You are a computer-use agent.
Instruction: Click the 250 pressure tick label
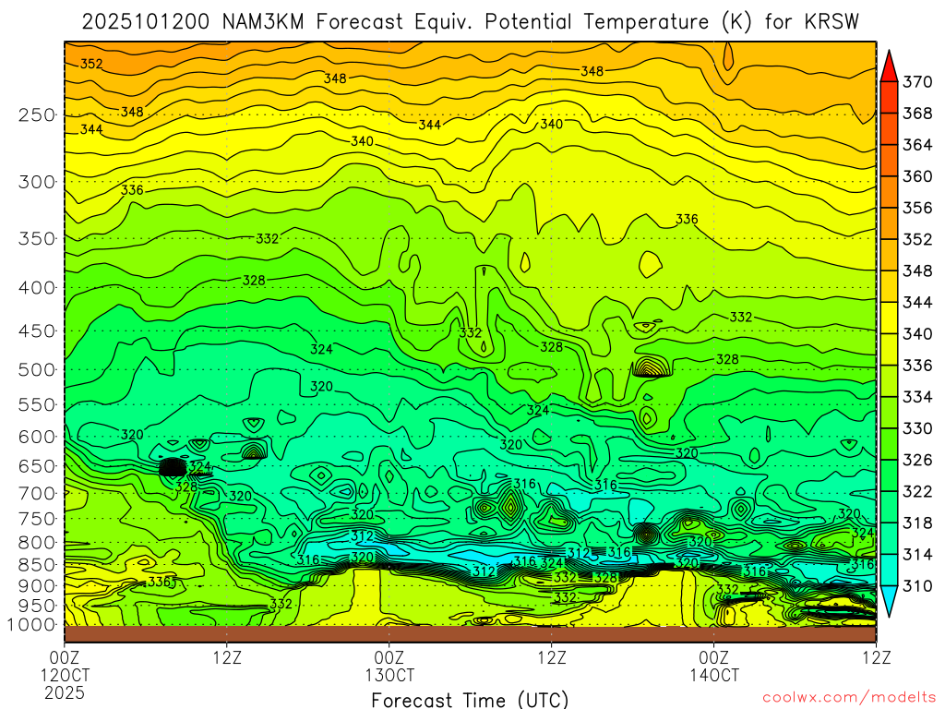pyautogui.click(x=37, y=114)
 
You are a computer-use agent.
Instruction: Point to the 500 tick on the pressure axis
pyautogui.click(x=37, y=369)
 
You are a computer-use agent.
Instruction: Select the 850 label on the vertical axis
pyautogui.click(x=37, y=564)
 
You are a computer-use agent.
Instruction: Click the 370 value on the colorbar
pyautogui.click(x=916, y=82)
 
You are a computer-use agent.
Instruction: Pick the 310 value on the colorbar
pyautogui.click(x=916, y=585)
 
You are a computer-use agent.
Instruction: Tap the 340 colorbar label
pyautogui.click(x=916, y=333)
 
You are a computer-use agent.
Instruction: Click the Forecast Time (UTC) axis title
pyautogui.click(x=470, y=699)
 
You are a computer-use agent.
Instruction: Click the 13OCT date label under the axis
pyautogui.click(x=389, y=674)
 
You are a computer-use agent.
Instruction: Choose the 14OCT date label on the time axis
pyautogui.click(x=714, y=674)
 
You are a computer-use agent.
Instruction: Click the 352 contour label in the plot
pyautogui.click(x=91, y=64)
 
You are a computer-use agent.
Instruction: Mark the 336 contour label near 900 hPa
pyautogui.click(x=160, y=583)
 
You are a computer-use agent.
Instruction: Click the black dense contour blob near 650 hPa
pyautogui.click(x=173, y=467)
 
